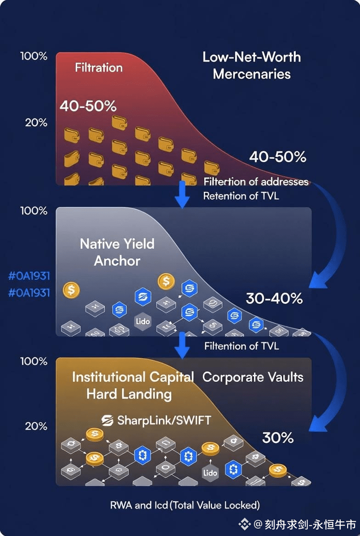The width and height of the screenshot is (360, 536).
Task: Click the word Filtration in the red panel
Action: [x=99, y=67]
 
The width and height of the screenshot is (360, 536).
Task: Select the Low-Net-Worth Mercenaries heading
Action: [x=252, y=65]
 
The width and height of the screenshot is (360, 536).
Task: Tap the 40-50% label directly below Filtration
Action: [x=88, y=106]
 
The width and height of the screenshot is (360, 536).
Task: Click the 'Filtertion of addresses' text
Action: [x=256, y=182]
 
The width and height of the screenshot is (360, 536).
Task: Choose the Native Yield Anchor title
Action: [x=117, y=252]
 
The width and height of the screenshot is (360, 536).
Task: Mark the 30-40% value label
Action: [x=274, y=298]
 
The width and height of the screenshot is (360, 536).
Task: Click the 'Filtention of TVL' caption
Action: [x=242, y=346]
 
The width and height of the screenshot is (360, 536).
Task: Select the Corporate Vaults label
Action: [x=253, y=377]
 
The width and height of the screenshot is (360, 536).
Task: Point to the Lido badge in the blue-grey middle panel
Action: [x=143, y=321]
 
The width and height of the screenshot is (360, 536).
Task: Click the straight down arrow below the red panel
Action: [x=183, y=195]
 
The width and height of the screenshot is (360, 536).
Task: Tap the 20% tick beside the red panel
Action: [x=36, y=123]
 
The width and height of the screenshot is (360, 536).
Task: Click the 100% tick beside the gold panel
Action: [x=34, y=361]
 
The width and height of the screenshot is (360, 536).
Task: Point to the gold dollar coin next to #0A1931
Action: [x=71, y=290]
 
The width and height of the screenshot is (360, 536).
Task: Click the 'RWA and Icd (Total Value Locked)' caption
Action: [x=185, y=505]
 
